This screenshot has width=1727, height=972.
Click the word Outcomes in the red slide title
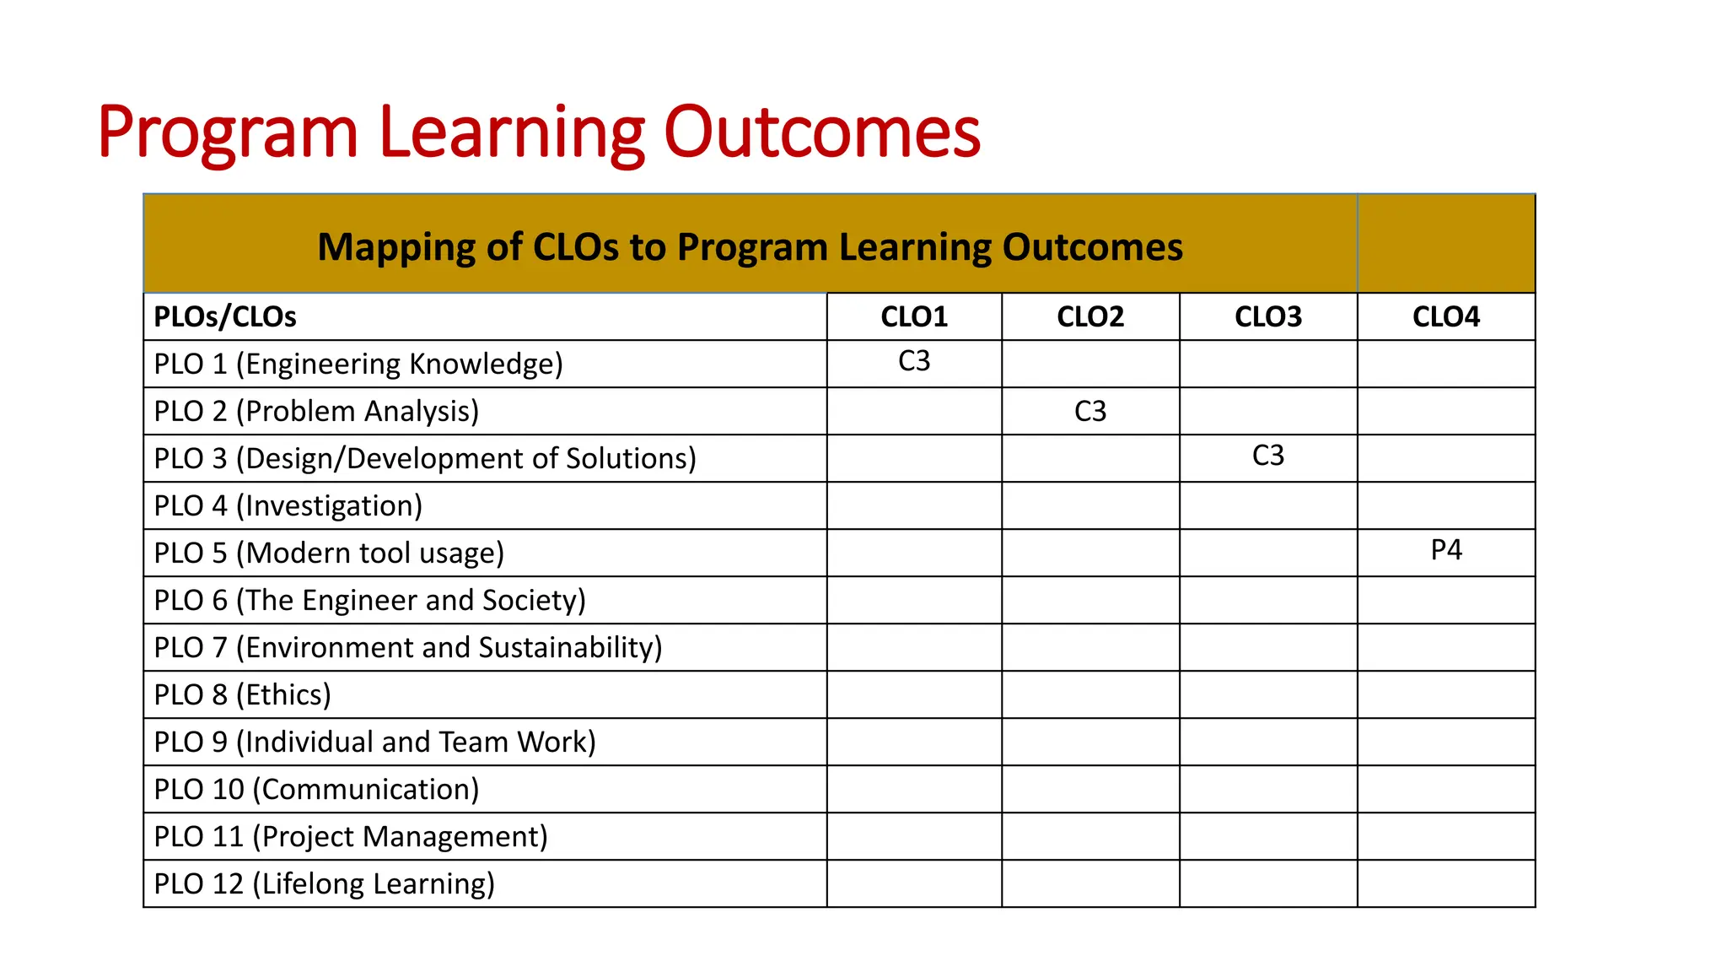(x=822, y=132)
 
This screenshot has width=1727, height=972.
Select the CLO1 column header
(x=914, y=317)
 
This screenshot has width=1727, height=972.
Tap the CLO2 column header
(x=1090, y=317)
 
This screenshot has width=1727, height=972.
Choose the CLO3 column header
(x=1268, y=317)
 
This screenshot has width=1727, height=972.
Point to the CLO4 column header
(x=1446, y=317)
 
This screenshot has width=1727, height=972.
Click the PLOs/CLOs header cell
(x=225, y=317)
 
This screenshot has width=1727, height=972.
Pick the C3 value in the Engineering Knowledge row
(x=914, y=361)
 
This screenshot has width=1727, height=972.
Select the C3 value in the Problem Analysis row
(x=1090, y=412)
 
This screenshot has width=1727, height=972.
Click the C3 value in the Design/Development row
(x=1268, y=456)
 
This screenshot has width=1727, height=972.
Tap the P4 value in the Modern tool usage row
(x=1446, y=550)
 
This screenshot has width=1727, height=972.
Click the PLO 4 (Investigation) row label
(x=288, y=506)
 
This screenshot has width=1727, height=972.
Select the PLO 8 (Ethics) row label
(x=242, y=695)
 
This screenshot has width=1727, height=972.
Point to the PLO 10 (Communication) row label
(x=316, y=790)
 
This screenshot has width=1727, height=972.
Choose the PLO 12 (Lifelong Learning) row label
(x=324, y=884)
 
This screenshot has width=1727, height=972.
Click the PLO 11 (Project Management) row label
(x=351, y=837)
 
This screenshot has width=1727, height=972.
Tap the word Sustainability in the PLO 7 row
(x=570, y=648)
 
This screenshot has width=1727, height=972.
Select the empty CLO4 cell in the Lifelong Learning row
(x=1446, y=884)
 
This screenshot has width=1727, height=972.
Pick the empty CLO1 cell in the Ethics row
(x=914, y=695)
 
